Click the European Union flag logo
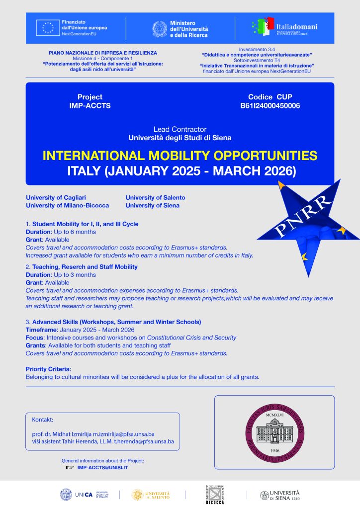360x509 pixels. [x=48, y=28]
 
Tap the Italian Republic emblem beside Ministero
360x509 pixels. [x=160, y=29]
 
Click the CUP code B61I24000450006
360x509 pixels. [x=270, y=106]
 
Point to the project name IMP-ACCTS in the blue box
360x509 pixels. [x=90, y=106]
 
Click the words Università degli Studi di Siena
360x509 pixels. [x=180, y=137]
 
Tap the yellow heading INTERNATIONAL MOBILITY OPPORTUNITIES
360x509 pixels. [x=180, y=156]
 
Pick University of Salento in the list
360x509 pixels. [x=155, y=197]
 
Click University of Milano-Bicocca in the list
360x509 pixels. [x=67, y=205]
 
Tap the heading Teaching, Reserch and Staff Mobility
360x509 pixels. [x=85, y=267]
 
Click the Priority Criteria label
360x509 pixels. [x=48, y=369]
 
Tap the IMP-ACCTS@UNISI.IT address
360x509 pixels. [x=103, y=468]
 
